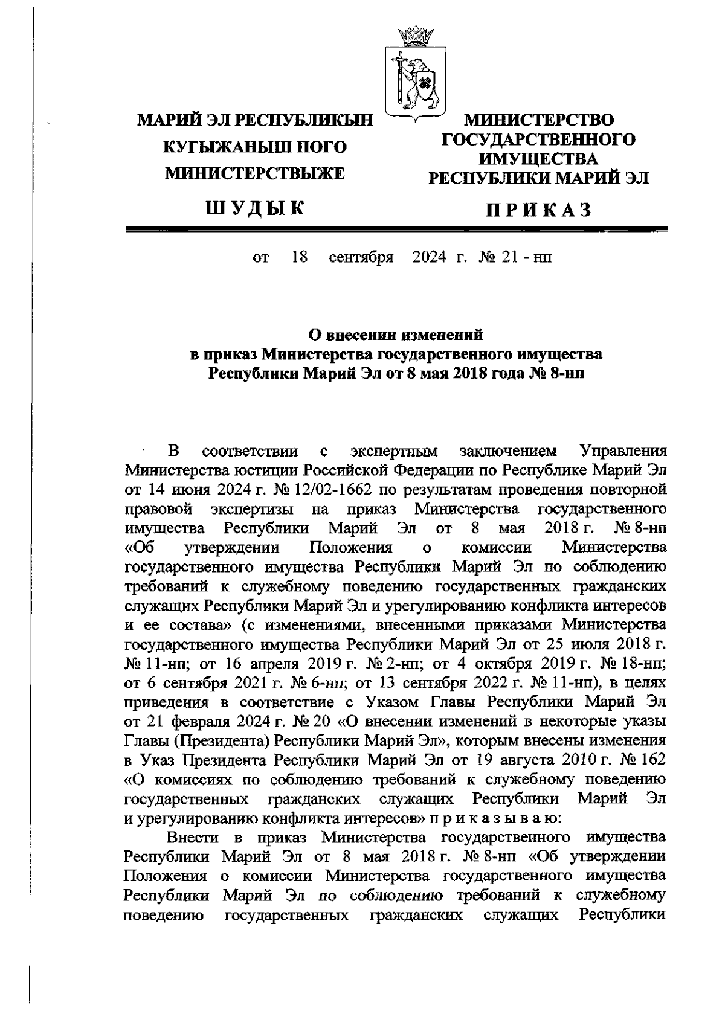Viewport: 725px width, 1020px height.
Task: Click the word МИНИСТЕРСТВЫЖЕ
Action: (x=255, y=174)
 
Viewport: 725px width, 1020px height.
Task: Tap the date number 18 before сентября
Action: (x=299, y=258)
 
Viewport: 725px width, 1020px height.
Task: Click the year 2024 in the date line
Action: (x=429, y=258)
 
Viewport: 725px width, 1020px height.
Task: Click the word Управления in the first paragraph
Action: (x=623, y=451)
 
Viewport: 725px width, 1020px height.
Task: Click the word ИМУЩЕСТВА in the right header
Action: (x=538, y=159)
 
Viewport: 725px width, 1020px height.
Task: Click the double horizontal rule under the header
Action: (x=396, y=229)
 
